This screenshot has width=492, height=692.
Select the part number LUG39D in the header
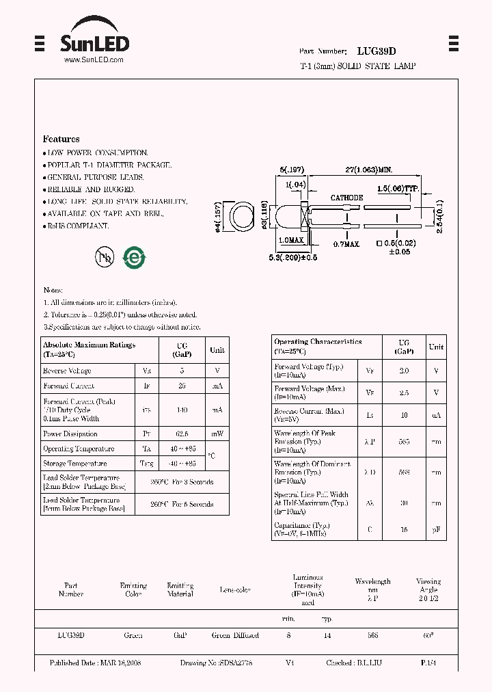(x=377, y=51)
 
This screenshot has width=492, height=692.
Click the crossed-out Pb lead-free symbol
(x=105, y=256)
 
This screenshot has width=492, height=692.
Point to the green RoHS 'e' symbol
(x=134, y=257)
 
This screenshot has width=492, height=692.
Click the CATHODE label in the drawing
(x=346, y=198)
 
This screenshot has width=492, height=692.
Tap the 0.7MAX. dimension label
(x=347, y=243)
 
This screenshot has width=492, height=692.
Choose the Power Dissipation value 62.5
(x=182, y=434)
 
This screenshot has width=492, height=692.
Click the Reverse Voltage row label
(x=67, y=371)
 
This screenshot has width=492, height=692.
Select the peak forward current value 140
(x=182, y=410)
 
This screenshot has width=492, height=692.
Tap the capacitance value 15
(x=404, y=529)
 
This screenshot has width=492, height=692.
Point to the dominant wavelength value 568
(x=404, y=472)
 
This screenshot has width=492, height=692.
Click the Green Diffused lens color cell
(x=235, y=636)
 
